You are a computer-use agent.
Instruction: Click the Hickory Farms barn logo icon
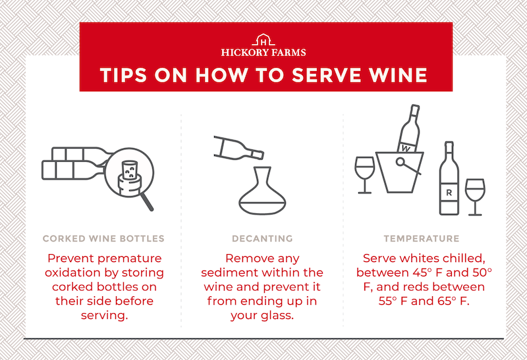[x=263, y=39]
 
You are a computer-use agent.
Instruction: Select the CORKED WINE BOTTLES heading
[x=103, y=238]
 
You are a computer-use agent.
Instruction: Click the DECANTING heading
[x=262, y=238]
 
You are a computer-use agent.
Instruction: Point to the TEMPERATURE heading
[x=422, y=238]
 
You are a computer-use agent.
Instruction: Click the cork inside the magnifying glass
[x=129, y=178]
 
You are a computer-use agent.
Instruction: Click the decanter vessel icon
[x=262, y=191]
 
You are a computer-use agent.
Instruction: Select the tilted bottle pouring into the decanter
[x=238, y=148]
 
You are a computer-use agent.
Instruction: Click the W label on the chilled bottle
[x=406, y=148]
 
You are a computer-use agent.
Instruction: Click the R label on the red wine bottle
[x=449, y=192]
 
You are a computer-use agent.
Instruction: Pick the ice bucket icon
[x=399, y=172]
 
